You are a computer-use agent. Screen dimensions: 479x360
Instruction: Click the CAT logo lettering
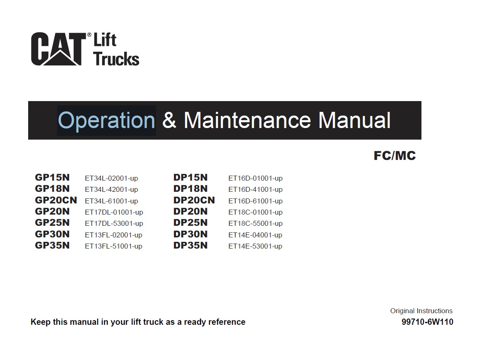pos(58,49)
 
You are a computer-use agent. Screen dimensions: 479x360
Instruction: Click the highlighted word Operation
pos(107,121)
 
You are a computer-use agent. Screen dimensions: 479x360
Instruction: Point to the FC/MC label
pos(395,155)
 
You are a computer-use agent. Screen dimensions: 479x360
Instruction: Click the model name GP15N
pos(52,177)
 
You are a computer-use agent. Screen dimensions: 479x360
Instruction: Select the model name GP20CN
pos(56,200)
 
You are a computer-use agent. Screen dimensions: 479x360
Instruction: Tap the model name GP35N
pos(52,245)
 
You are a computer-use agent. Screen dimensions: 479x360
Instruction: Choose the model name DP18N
pos(190,188)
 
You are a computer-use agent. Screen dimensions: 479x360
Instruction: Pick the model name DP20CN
pos(194,200)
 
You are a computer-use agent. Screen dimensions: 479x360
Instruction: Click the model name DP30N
pos(190,234)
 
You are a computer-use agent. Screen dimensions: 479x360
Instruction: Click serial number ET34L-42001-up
pos(111,189)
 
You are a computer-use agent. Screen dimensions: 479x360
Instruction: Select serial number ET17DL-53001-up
pos(114,223)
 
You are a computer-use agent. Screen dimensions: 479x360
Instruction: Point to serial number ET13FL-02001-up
pos(113,235)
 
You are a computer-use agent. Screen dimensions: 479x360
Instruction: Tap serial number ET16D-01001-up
pos(255,178)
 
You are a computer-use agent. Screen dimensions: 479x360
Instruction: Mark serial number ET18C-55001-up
pos(255,223)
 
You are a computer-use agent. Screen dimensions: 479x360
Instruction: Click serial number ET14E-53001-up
pos(255,246)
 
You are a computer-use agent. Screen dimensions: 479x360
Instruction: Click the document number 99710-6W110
pos(427,322)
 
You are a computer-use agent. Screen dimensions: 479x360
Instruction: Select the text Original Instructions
pos(421,311)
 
